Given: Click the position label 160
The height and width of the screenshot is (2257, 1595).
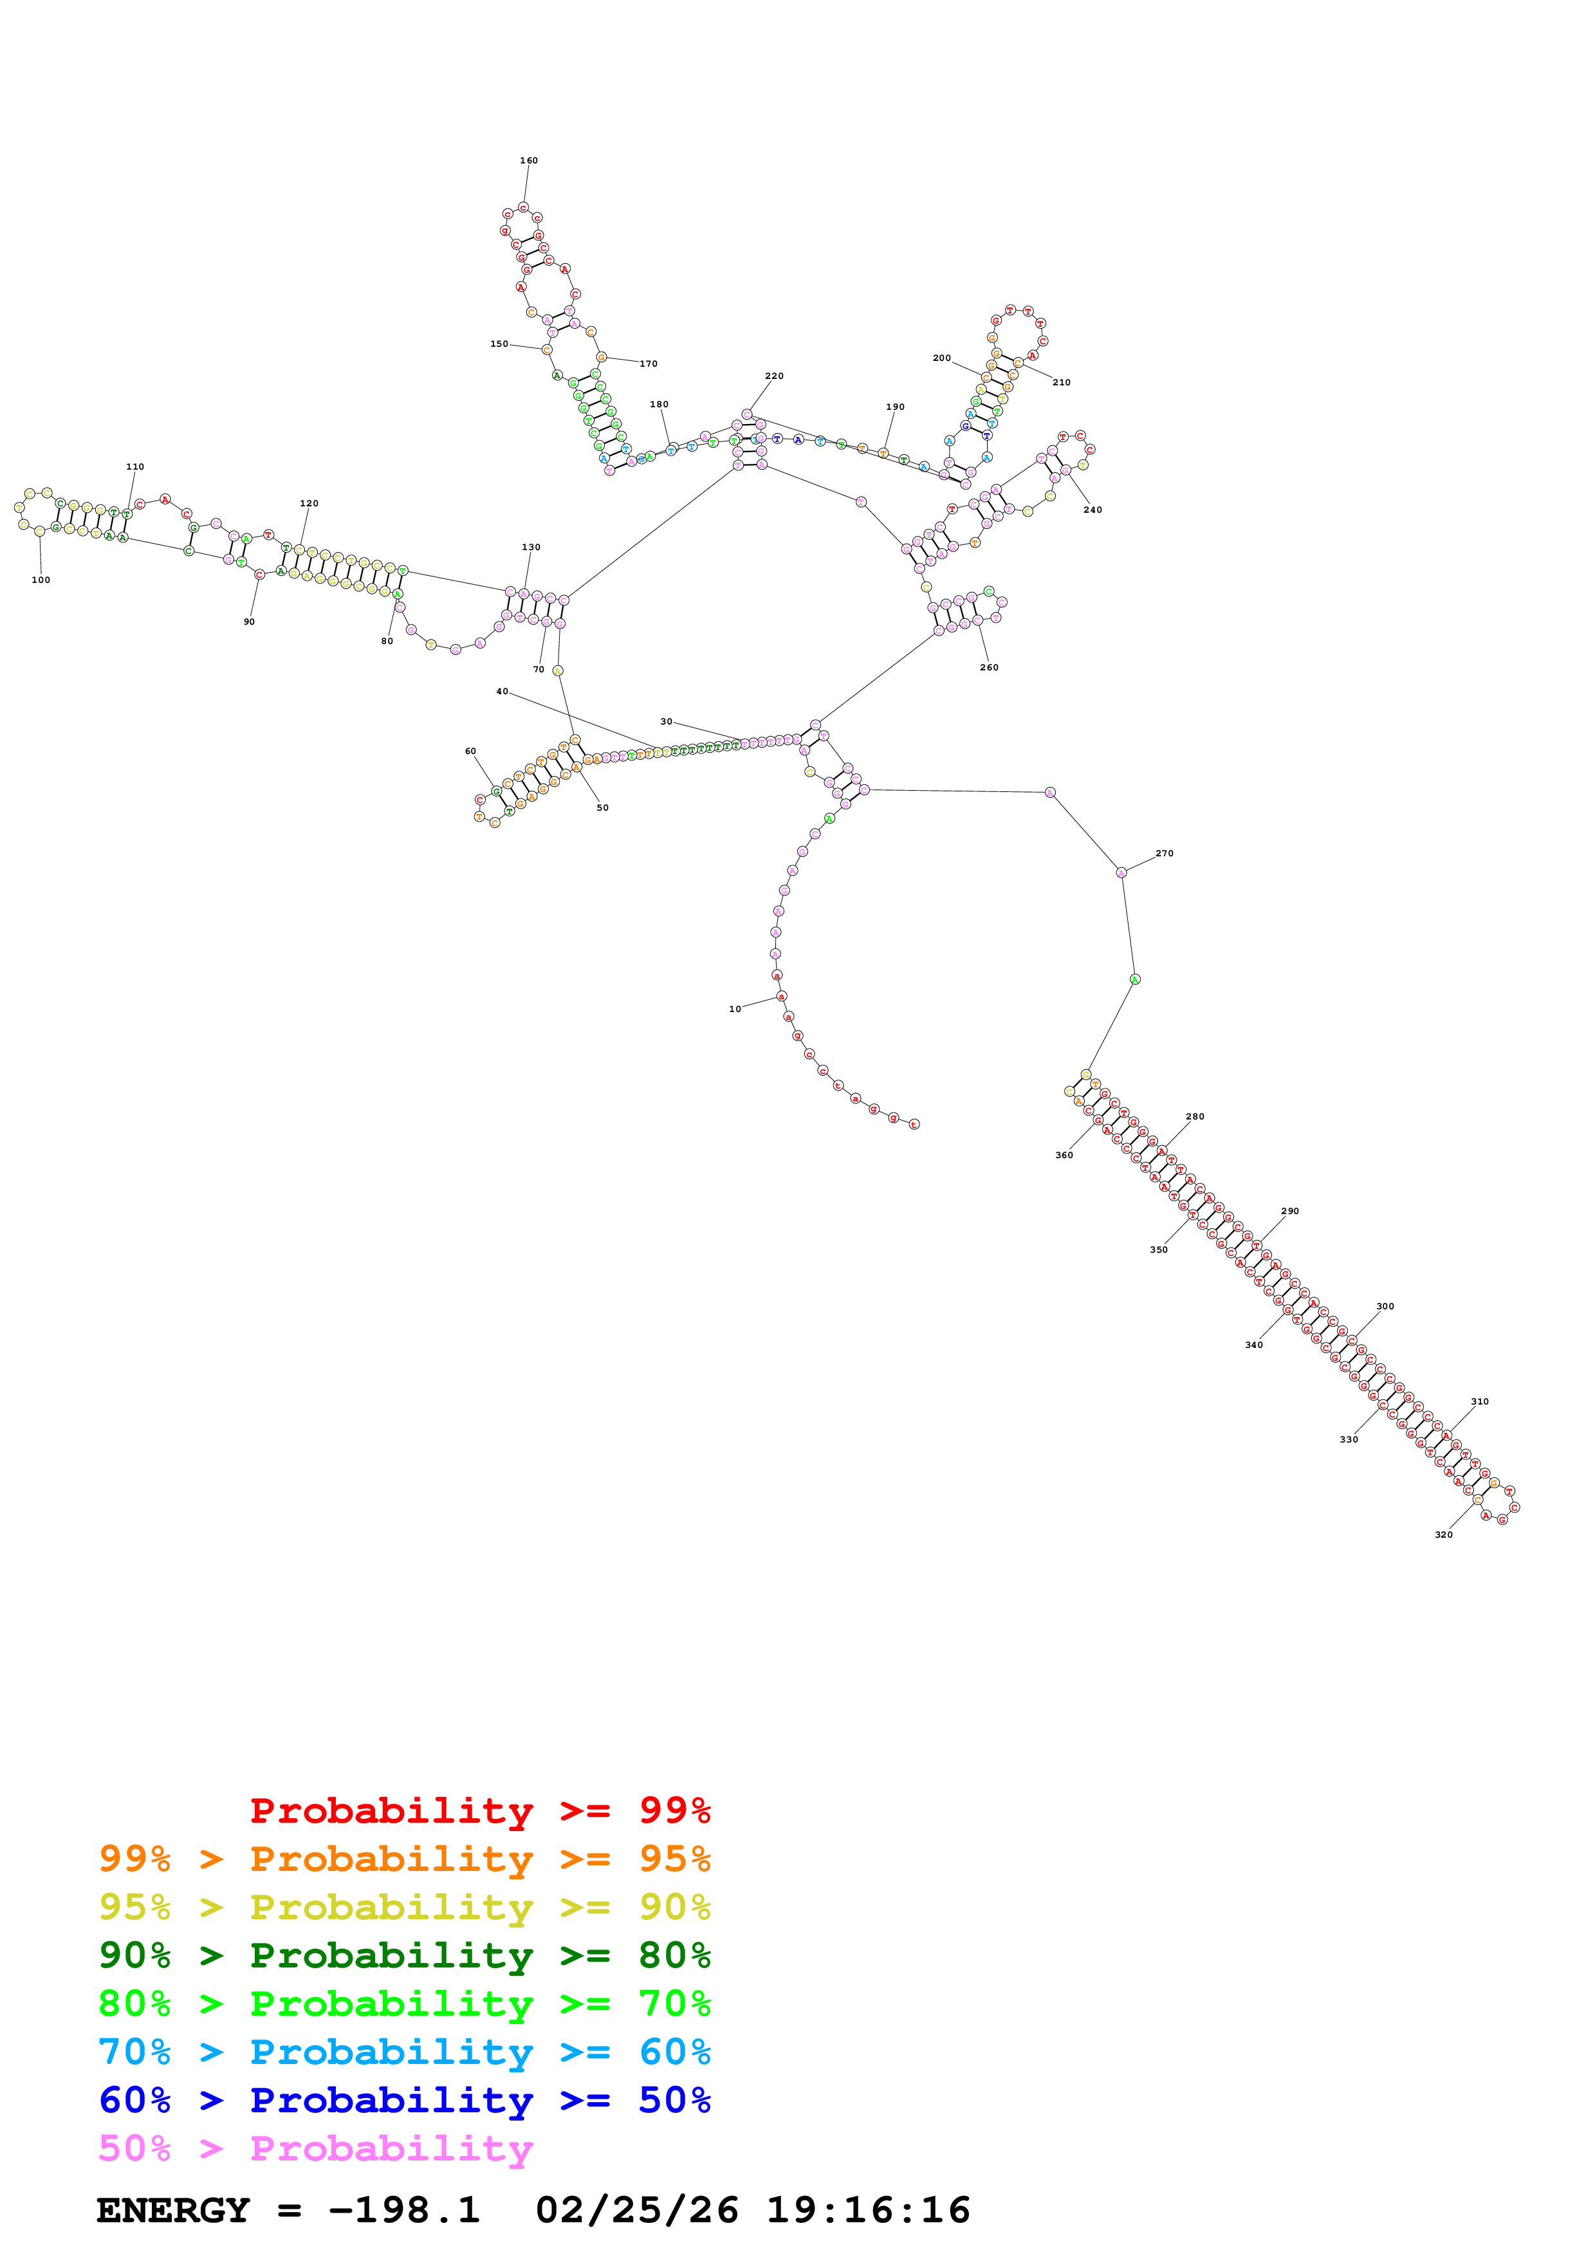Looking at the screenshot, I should pos(529,160).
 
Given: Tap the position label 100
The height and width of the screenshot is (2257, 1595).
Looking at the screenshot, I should pos(41,580).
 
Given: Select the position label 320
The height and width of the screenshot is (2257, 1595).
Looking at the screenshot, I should pos(1443,1534).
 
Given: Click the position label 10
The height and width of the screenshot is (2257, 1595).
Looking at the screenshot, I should pos(734,1009).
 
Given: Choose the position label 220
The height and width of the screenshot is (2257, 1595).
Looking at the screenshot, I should pos(775,376).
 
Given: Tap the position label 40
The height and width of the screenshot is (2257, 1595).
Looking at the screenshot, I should pos(502,691).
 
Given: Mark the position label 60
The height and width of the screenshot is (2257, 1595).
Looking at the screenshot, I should pos(470,751).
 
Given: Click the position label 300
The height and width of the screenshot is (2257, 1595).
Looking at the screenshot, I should pos(1384,1307).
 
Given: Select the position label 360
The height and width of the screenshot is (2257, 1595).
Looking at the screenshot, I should pos(1064,1155).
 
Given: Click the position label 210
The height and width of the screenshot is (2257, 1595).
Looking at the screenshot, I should pos(1062,382).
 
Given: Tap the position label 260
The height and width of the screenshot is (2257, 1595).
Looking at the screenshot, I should pos(989,667).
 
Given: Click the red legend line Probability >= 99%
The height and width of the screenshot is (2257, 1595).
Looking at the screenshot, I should pos(479,1810).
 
